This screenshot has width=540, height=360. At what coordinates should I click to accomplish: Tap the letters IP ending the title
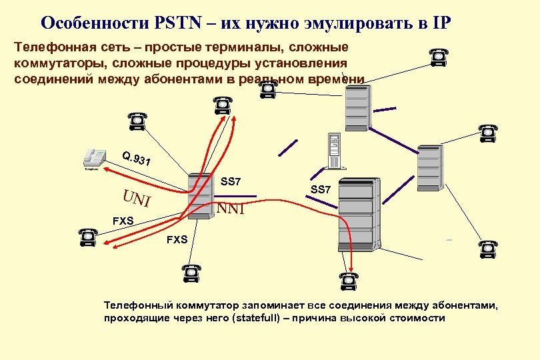pyautogui.click(x=441, y=22)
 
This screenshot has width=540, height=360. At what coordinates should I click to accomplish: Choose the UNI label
pyautogui.click(x=137, y=198)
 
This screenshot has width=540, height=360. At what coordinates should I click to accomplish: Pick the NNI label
pyautogui.click(x=231, y=209)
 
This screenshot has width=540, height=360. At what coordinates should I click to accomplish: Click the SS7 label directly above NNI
pyautogui.click(x=231, y=182)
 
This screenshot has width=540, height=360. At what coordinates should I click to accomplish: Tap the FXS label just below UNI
pyautogui.click(x=123, y=220)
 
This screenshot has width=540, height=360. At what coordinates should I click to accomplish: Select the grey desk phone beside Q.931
pyautogui.click(x=93, y=158)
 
